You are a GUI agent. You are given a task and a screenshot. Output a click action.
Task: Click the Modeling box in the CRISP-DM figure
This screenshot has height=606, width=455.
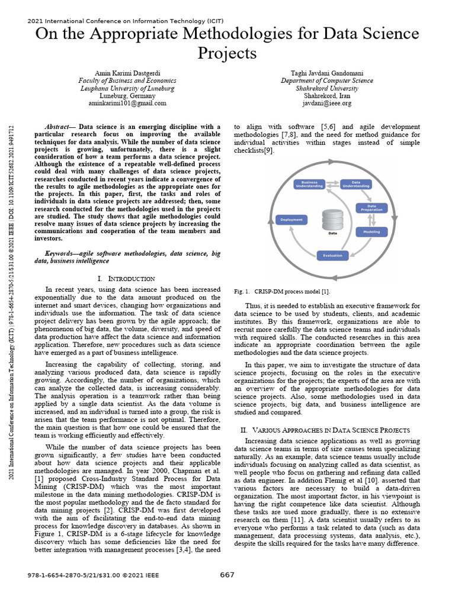click(x=371, y=232)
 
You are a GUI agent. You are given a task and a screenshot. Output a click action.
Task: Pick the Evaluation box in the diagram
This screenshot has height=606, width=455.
click(x=332, y=256)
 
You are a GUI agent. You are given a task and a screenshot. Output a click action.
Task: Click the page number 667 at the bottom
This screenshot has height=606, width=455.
click(x=227, y=575)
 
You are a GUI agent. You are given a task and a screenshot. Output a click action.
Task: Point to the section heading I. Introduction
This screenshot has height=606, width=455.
click(x=126, y=278)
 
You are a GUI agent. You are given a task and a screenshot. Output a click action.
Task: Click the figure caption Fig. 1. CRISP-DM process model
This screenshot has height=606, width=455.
click(x=283, y=292)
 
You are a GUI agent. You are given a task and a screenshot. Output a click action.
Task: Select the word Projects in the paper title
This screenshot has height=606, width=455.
click(x=227, y=53)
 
